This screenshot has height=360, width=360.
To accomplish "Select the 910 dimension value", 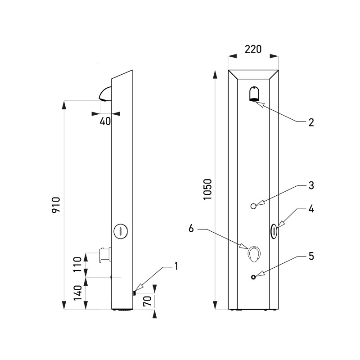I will pos(56,205).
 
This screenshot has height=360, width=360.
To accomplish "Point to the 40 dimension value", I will pos(105,121).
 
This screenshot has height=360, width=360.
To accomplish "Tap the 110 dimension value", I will pos(77,265).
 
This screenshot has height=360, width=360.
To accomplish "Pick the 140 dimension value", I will pos(77,293).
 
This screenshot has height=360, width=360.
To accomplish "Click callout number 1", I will pos(176,266).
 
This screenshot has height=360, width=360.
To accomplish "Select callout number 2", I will pos(310,122).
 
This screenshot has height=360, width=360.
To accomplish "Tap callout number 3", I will pos(310,185).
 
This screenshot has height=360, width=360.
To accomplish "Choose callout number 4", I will pos(310,209).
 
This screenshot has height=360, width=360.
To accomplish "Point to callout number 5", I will pos(310,256).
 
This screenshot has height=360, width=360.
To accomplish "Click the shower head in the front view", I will pos(255,94).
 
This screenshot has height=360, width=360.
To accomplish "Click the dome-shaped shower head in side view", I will pos(105,94).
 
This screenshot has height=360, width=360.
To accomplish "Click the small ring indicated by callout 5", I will pos(254,277).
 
